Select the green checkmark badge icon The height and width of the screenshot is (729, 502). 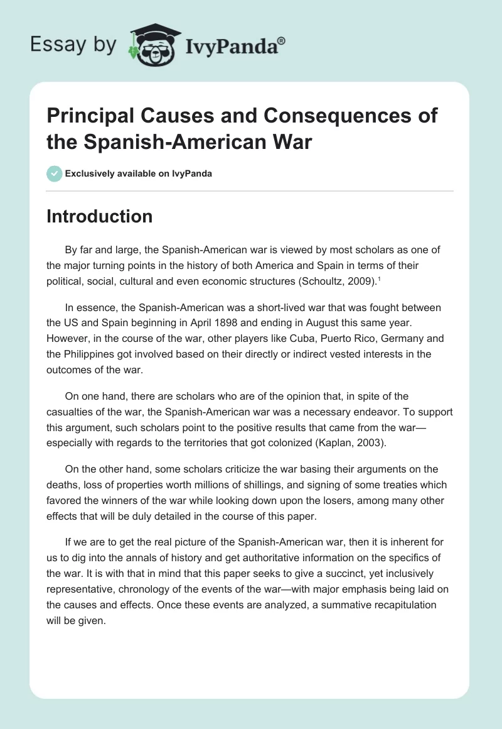point(55,173)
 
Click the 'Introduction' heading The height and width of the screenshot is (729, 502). point(100,216)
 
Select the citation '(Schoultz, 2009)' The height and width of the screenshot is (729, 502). point(344,283)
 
